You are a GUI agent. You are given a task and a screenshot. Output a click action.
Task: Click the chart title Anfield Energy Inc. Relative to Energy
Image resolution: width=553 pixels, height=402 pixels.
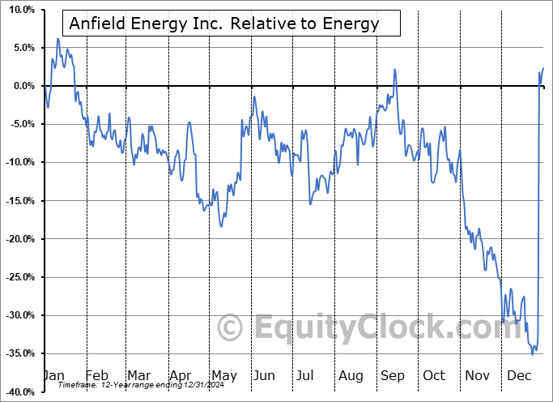[x=223, y=24]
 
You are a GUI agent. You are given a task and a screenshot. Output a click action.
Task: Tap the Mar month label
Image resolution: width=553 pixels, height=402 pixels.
[x=138, y=376]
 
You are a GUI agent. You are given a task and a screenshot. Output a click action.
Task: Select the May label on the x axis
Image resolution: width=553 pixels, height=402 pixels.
[x=223, y=376]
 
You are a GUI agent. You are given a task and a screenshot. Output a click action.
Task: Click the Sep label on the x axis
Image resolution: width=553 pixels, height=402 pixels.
[x=393, y=376]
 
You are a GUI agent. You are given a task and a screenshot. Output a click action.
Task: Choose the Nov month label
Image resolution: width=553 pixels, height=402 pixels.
[x=478, y=376]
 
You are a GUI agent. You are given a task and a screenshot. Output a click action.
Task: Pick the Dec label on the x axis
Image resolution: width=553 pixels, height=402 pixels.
[x=520, y=376]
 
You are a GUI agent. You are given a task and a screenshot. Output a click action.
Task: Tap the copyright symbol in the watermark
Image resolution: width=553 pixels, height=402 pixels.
[x=231, y=328]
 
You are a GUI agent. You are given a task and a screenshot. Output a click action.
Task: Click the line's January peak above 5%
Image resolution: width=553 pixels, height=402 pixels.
[x=57, y=38]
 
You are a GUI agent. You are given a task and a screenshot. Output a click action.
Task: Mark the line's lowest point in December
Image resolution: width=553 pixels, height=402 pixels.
[x=532, y=354]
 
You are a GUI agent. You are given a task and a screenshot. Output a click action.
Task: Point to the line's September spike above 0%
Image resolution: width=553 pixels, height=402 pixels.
[x=395, y=70]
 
